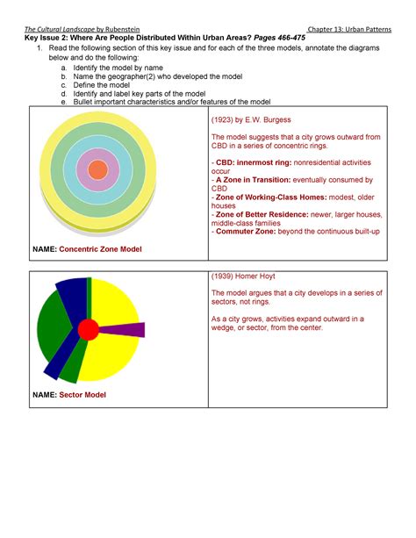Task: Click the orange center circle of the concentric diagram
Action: [x=97, y=169]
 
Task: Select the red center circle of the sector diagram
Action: [x=88, y=330]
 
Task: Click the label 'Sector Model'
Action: [x=82, y=395]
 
